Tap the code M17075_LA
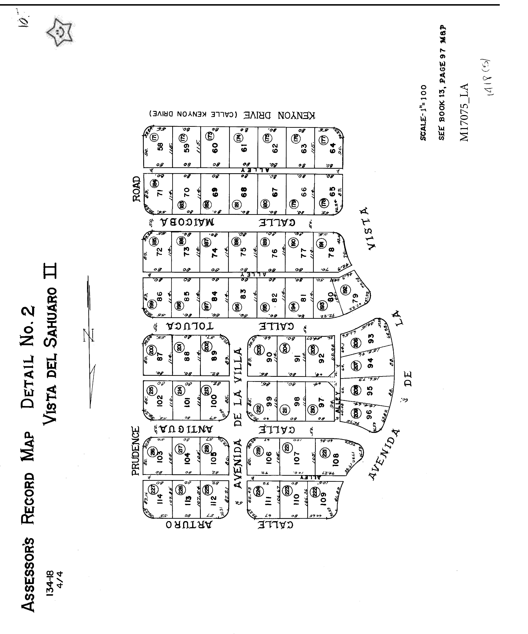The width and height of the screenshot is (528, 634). (x=464, y=112)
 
